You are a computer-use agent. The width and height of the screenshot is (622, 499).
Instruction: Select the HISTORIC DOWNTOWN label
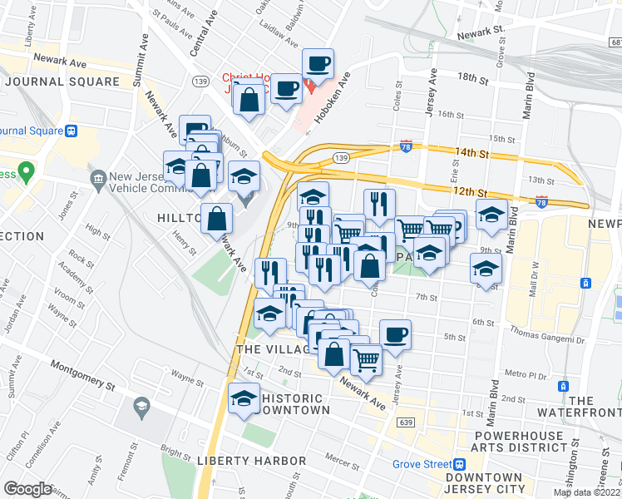point(295,404)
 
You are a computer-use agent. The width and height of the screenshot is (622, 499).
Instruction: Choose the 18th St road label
point(471,77)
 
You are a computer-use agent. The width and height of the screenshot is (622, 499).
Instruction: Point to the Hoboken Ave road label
point(332,102)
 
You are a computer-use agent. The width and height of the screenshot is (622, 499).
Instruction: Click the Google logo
point(27,488)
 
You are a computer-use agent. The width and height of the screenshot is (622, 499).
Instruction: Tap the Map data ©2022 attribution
point(586,492)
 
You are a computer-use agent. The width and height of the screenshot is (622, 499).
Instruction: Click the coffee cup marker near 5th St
point(395,334)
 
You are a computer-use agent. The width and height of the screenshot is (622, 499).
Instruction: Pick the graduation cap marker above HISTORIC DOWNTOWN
point(244,398)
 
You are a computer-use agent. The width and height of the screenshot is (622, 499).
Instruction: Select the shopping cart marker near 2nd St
point(367,359)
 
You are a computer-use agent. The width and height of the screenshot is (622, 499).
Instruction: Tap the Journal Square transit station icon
point(72,131)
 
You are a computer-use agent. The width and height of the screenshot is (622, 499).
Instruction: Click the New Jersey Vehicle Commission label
point(158,184)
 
